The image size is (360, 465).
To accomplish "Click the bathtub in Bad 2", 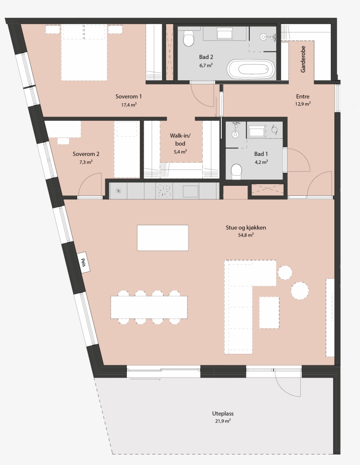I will pyautogui.click(x=251, y=69).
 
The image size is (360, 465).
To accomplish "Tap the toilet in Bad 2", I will pyautogui.click(x=189, y=39).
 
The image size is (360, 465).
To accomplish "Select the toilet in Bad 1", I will pyautogui.click(x=236, y=172).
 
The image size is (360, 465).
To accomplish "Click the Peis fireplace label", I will pyautogui.click(x=83, y=262).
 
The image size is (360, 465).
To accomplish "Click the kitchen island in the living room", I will pyautogui.click(x=162, y=238).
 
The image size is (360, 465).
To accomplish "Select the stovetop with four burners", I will pyautogui.click(x=164, y=191).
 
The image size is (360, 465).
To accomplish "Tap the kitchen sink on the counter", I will pyautogui.click(x=191, y=191).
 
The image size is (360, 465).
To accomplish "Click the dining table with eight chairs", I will pyautogui.click(x=149, y=307).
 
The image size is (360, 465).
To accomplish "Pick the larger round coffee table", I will pyautogui.click(x=300, y=290).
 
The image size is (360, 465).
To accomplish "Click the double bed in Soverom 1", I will pyautogui.click(x=84, y=53).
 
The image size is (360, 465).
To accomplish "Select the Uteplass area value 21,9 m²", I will pyautogui.click(x=223, y=420).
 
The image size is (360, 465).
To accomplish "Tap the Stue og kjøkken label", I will pyautogui.click(x=246, y=228).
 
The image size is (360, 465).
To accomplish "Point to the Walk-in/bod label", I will pyautogui.click(x=180, y=140).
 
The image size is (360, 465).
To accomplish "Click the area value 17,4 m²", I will pyautogui.click(x=128, y=105).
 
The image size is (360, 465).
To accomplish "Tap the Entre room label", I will pyautogui.click(x=303, y=97).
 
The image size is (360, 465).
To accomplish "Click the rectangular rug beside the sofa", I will pyautogui.click(x=269, y=312).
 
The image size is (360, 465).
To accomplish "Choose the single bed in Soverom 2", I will pyautogui.click(x=127, y=149).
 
